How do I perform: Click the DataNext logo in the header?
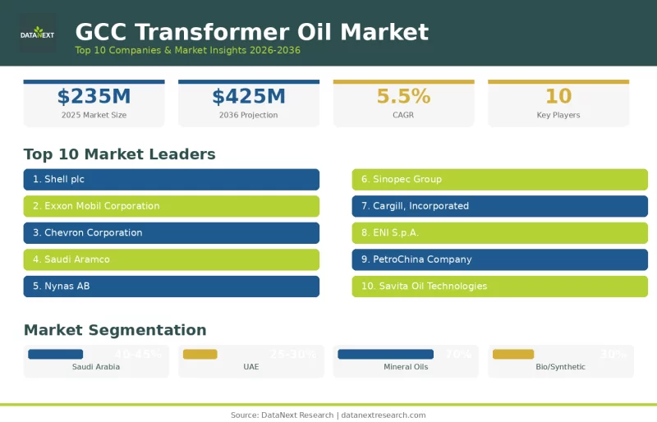click(38, 33)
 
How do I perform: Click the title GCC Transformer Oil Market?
click(251, 32)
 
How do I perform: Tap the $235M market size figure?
click(94, 97)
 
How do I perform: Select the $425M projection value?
click(249, 97)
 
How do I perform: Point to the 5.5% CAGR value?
click(403, 97)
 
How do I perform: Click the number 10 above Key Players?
click(558, 97)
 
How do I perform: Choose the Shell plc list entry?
click(171, 179)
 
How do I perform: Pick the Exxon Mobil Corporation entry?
click(171, 206)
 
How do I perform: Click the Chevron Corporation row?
click(171, 232)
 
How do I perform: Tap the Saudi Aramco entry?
click(171, 259)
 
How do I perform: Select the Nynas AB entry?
click(171, 287)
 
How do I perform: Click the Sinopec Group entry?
click(499, 179)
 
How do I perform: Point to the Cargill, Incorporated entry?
click(499, 206)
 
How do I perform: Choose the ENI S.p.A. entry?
click(499, 232)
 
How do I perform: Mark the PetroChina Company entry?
click(499, 259)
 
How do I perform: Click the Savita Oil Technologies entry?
click(499, 287)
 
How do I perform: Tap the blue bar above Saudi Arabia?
click(55, 354)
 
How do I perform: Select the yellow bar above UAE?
click(200, 354)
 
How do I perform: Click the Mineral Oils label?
click(406, 367)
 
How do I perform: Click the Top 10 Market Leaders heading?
click(119, 154)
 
